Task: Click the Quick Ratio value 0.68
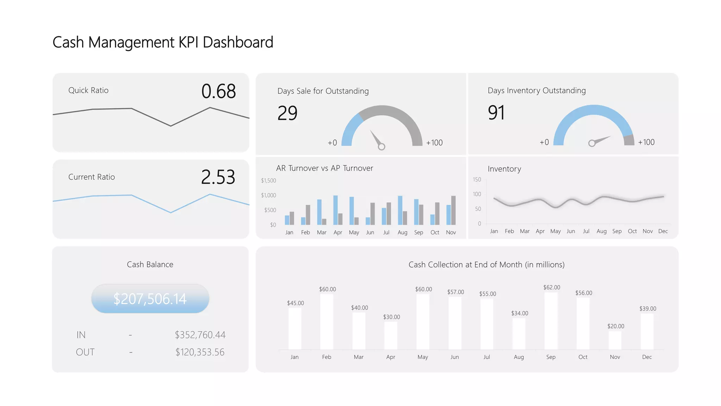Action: click(x=218, y=91)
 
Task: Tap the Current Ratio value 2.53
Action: click(x=218, y=177)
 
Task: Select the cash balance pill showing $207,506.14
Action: click(x=150, y=299)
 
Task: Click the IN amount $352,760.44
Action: click(x=200, y=335)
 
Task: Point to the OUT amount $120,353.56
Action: click(x=200, y=352)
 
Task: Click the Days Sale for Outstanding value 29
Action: click(x=287, y=113)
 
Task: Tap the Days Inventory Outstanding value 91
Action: click(x=496, y=113)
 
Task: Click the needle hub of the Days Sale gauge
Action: click(x=381, y=147)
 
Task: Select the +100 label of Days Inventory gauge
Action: click(x=646, y=142)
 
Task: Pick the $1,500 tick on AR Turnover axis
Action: click(x=268, y=180)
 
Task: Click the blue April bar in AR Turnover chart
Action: click(x=336, y=210)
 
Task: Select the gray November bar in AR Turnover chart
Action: click(x=453, y=210)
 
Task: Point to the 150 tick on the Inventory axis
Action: click(x=477, y=180)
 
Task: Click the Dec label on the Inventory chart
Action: click(x=663, y=231)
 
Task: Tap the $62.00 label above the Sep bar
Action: click(x=551, y=288)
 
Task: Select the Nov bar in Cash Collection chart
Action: click(x=615, y=340)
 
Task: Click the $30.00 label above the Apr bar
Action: click(x=391, y=317)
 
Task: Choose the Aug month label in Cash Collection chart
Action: click(x=519, y=357)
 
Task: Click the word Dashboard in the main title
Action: click(x=238, y=43)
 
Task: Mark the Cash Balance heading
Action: click(x=150, y=265)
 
